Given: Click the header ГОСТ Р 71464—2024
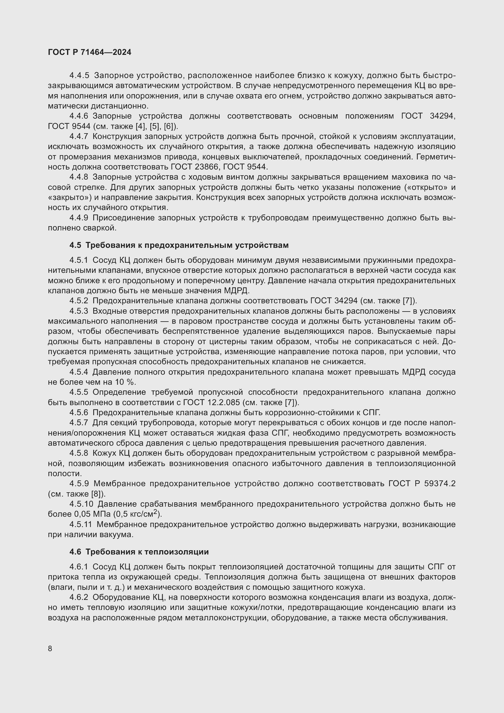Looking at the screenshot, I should pyautogui.click(x=89, y=52).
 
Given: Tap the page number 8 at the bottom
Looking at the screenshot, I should pyautogui.click(x=50, y=648).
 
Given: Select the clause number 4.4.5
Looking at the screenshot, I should pyautogui.click(x=79, y=76).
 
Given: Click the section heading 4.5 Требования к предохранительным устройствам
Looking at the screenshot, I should pyautogui.click(x=179, y=245).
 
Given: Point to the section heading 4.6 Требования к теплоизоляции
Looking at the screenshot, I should pyautogui.click(x=139, y=552).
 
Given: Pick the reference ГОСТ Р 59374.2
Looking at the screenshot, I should pyautogui.click(x=422, y=484).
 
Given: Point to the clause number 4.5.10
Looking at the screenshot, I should pyautogui.click(x=81, y=504).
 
